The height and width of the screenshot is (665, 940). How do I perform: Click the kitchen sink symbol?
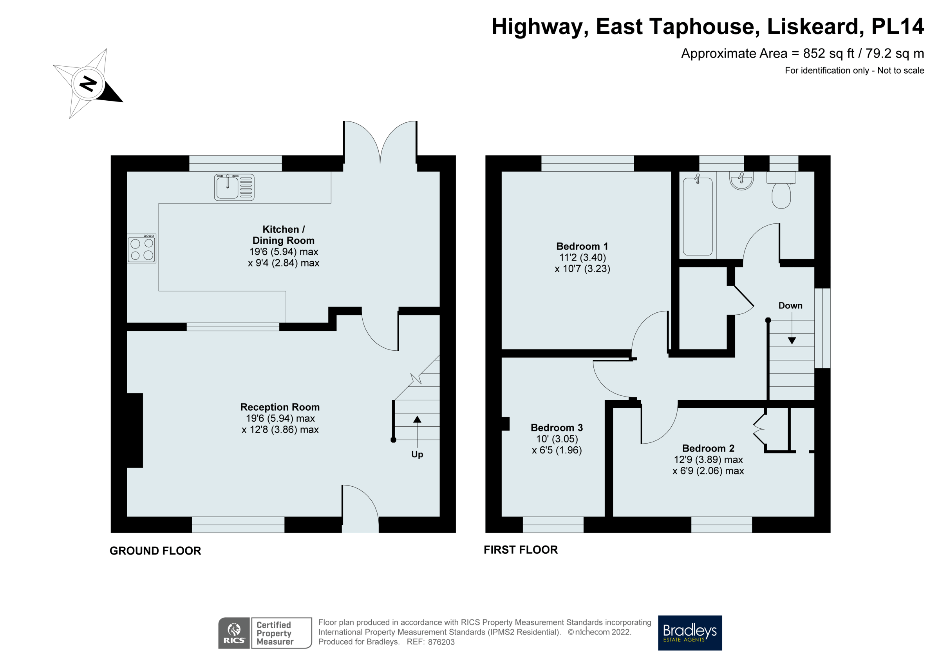tap(234, 187)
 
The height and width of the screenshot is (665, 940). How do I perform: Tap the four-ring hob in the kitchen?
tap(142, 249)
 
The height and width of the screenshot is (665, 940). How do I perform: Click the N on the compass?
tap(89, 83)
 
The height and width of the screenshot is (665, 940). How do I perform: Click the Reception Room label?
tap(280, 407)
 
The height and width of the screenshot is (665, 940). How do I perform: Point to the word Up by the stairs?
tap(417, 455)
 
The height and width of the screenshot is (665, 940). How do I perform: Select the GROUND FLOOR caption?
tap(155, 551)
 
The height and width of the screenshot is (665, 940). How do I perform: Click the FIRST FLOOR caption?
tap(521, 550)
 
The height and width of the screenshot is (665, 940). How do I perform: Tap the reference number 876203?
tap(441, 642)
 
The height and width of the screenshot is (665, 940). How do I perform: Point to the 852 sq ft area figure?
tap(828, 54)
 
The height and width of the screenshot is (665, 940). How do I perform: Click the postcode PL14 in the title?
tap(897, 27)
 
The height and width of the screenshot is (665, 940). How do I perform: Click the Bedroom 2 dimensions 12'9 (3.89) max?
tap(708, 460)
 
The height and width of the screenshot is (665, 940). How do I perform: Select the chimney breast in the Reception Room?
tap(135, 430)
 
